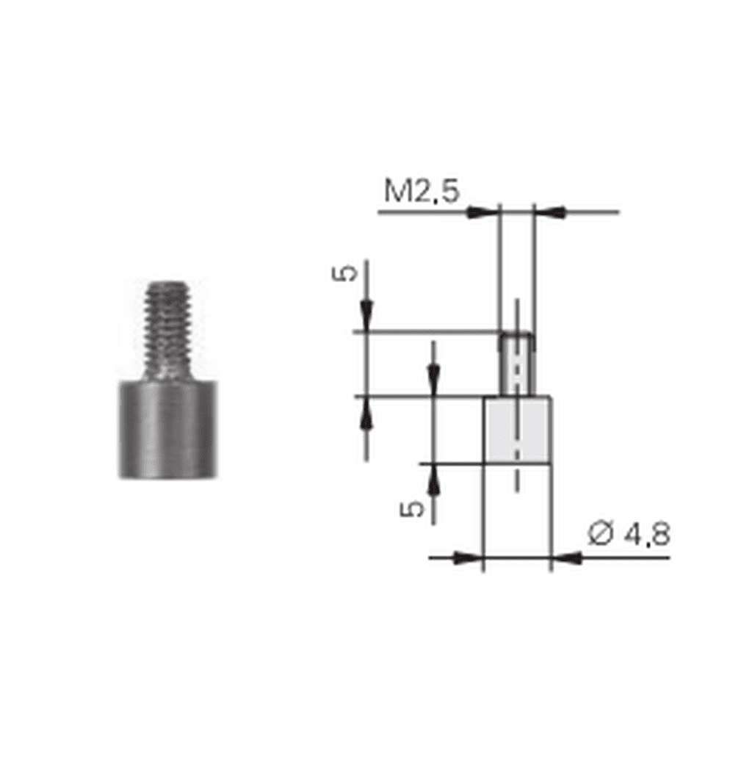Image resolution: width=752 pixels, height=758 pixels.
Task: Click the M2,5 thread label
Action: [x=422, y=191]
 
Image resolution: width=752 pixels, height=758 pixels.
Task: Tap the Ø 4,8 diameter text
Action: [x=629, y=535]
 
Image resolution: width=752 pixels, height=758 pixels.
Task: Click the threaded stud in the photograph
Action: [x=167, y=331]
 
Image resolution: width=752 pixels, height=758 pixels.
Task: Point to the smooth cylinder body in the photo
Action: [x=167, y=430]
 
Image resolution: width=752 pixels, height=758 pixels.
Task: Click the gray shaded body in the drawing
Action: [x=518, y=430]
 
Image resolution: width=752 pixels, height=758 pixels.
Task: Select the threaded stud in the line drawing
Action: [x=518, y=364]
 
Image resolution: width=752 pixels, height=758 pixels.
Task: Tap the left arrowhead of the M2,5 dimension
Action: [x=481, y=212]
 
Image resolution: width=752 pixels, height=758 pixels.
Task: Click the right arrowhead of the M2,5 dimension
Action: [x=551, y=212]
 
